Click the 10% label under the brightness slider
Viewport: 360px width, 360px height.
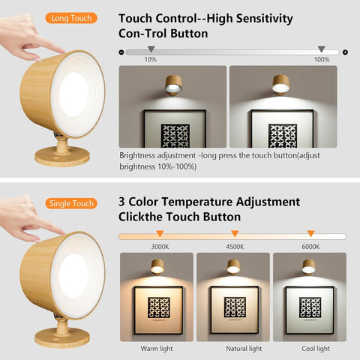(151, 59)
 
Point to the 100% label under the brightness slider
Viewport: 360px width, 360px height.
(322, 59)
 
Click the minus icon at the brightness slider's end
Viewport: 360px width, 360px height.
(121, 52)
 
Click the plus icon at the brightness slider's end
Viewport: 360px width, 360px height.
(345, 52)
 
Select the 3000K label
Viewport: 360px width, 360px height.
(160, 246)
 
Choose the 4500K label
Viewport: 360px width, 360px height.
(235, 246)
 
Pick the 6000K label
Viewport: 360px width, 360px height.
(310, 246)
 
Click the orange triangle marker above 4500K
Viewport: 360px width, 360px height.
(235, 234)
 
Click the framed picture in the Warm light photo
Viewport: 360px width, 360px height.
(158, 307)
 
